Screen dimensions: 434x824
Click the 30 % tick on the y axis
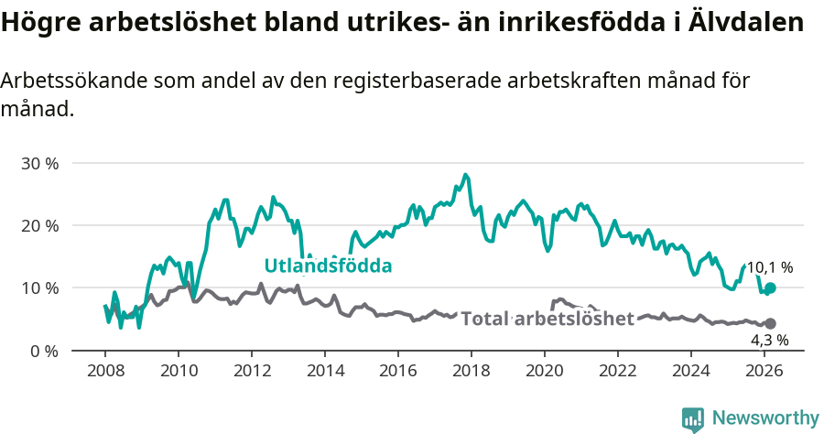[40, 163]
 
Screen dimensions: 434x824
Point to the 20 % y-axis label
[40, 225]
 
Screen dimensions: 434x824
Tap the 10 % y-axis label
[40, 288]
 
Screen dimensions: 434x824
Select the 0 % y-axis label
[44, 351]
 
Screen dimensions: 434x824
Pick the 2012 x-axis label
[251, 371]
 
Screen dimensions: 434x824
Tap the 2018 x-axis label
[472, 371]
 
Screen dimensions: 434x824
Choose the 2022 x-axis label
[618, 371]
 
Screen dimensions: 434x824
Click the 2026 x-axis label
[764, 371]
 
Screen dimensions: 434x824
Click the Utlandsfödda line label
[328, 266]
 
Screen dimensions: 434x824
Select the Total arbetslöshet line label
[548, 319]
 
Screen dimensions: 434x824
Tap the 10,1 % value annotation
[769, 268]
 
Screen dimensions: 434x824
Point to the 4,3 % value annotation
[769, 340]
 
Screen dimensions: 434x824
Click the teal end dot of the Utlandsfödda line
[770, 288]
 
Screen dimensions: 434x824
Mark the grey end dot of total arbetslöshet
[770, 324]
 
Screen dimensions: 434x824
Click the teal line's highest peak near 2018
[465, 174]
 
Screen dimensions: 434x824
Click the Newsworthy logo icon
[693, 418]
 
